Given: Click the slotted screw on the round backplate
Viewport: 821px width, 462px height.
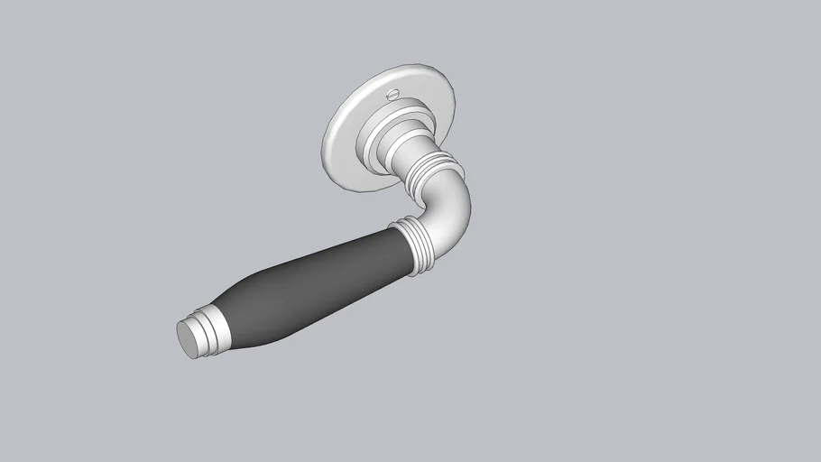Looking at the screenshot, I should coord(393,95).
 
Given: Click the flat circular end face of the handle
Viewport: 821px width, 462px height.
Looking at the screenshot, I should coord(187,340).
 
